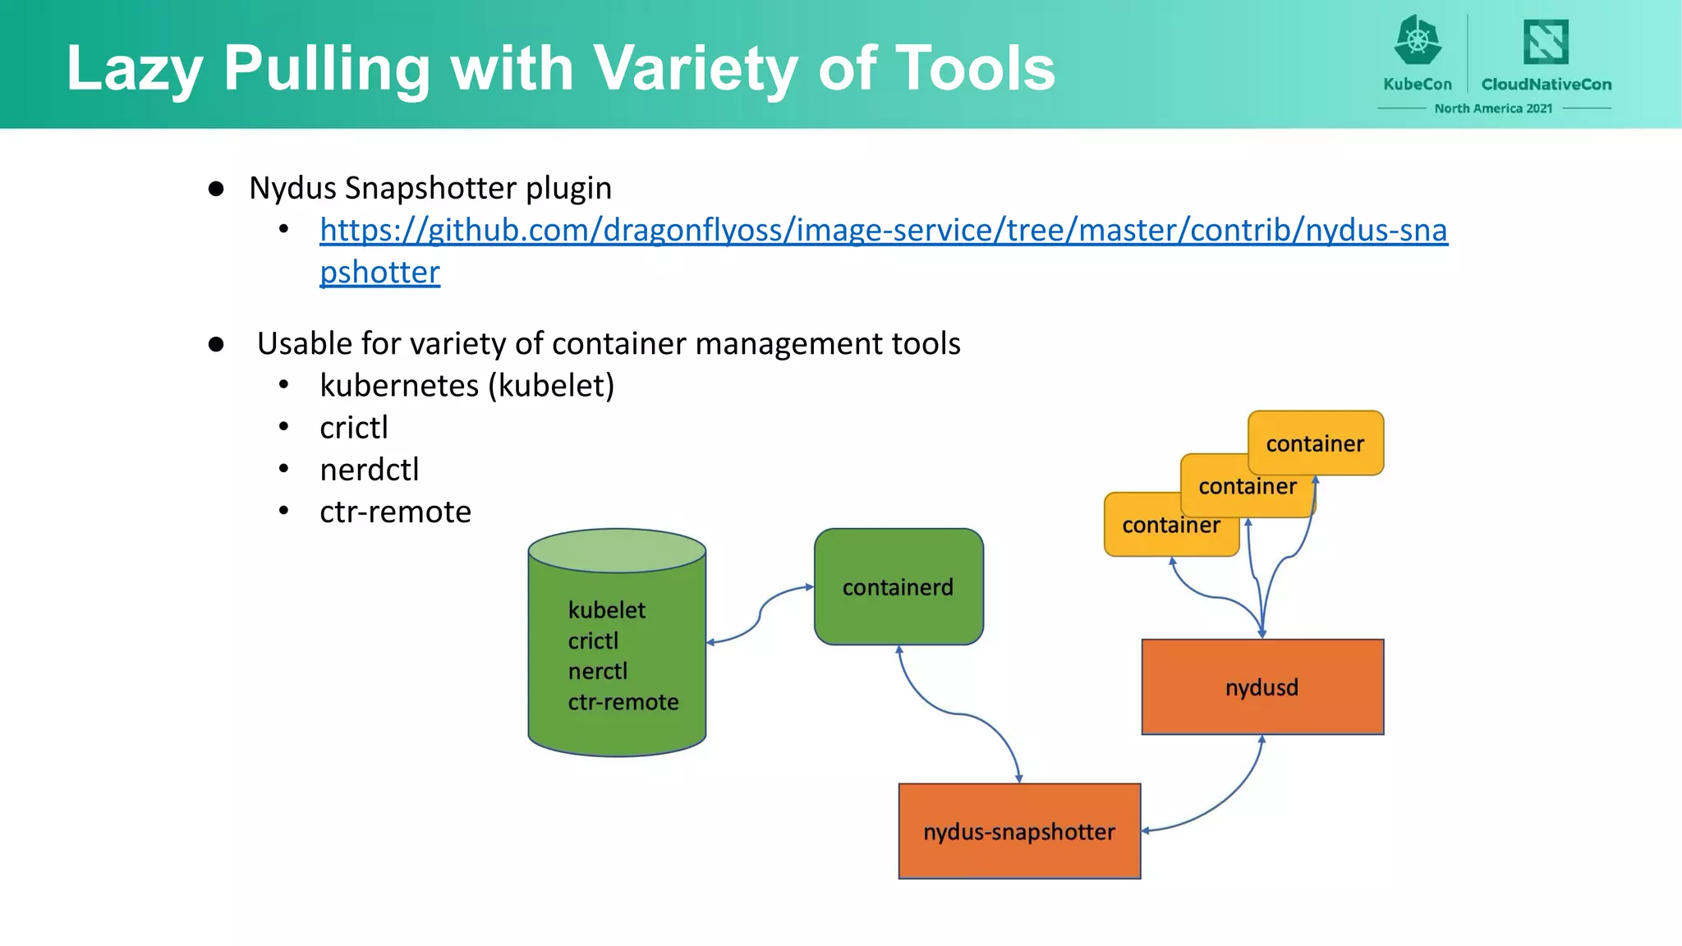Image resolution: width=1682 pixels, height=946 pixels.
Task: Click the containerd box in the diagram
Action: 898,586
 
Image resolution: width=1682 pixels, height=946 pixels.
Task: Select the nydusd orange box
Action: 1262,687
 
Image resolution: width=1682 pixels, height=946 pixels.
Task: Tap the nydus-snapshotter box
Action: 1019,831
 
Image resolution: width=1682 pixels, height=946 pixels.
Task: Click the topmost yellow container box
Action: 1315,443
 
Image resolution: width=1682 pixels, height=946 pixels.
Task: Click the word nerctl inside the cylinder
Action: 598,671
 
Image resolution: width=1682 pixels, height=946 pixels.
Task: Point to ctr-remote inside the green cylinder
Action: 623,701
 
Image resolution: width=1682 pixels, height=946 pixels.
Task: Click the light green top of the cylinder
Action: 617,550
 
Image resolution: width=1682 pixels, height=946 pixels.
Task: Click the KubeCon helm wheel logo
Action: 1418,40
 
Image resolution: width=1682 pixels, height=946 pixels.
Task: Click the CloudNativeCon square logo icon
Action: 1546,41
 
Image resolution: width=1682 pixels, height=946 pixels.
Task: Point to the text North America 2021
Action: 1493,108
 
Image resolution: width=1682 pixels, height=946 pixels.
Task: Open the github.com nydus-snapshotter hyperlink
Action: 883,230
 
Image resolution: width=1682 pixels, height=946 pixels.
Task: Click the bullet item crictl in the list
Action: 353,427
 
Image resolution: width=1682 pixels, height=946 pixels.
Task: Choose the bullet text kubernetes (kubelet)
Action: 466,385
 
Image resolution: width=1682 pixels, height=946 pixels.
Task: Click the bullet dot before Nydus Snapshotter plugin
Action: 216,189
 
